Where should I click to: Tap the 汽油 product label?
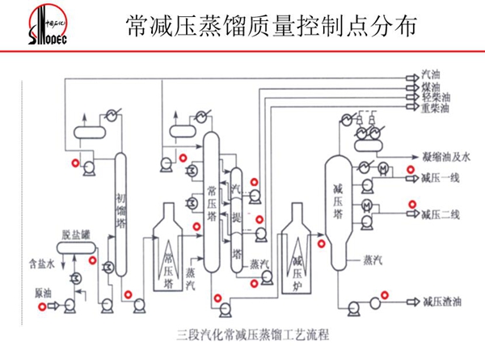(430, 76)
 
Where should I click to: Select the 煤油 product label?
(430, 87)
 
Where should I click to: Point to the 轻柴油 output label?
(433, 96)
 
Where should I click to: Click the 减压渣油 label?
(441, 302)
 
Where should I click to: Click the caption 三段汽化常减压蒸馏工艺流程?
(253, 332)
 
